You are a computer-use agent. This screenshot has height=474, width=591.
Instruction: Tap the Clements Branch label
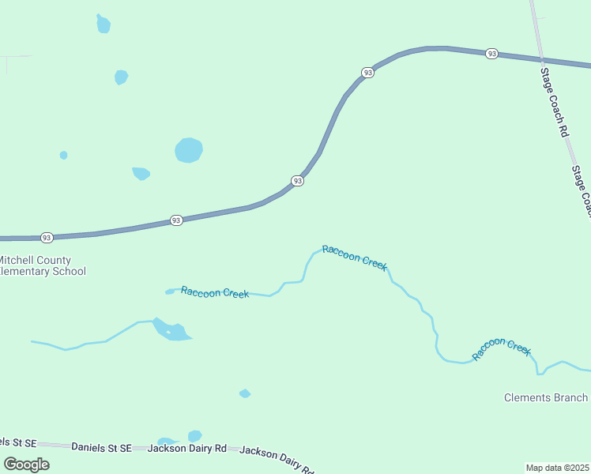pyautogui.click(x=546, y=397)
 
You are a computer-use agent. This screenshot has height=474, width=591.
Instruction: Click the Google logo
pyautogui.click(x=27, y=464)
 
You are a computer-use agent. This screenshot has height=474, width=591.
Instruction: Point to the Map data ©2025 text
pyautogui.click(x=557, y=468)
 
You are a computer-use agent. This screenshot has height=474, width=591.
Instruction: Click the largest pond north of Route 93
pyautogui.click(x=188, y=149)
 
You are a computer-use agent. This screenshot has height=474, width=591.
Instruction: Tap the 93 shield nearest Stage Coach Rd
pyautogui.click(x=492, y=54)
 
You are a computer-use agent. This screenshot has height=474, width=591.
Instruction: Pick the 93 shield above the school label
pyautogui.click(x=47, y=237)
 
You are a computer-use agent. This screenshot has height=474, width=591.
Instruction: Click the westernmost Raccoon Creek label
pyautogui.click(x=215, y=292)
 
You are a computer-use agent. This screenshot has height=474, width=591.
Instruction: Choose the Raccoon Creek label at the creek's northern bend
pyautogui.click(x=355, y=258)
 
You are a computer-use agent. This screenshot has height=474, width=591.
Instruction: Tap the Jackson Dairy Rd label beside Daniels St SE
pyautogui.click(x=187, y=448)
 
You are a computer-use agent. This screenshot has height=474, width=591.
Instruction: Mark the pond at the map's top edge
pyautogui.click(x=104, y=24)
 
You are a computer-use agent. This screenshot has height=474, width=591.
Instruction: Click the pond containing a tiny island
pyautogui.click(x=171, y=330)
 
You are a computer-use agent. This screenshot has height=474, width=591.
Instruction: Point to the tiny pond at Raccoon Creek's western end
pyautogui.click(x=169, y=292)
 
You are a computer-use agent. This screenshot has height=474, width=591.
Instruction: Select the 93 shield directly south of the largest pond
pyautogui.click(x=176, y=220)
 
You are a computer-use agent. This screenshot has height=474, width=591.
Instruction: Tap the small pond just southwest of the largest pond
pyautogui.click(x=141, y=173)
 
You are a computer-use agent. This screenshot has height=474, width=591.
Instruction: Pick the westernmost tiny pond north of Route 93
pyautogui.click(x=63, y=155)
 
